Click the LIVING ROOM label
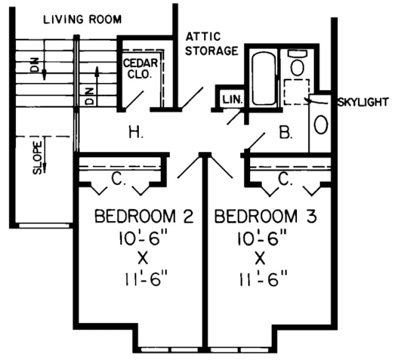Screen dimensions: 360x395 click(x=82, y=20)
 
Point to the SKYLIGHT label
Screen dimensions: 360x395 click(x=362, y=102)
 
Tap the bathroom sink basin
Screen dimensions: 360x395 click(x=321, y=125)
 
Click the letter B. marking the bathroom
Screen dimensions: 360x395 click(x=285, y=131)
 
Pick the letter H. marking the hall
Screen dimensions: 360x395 click(x=136, y=132)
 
